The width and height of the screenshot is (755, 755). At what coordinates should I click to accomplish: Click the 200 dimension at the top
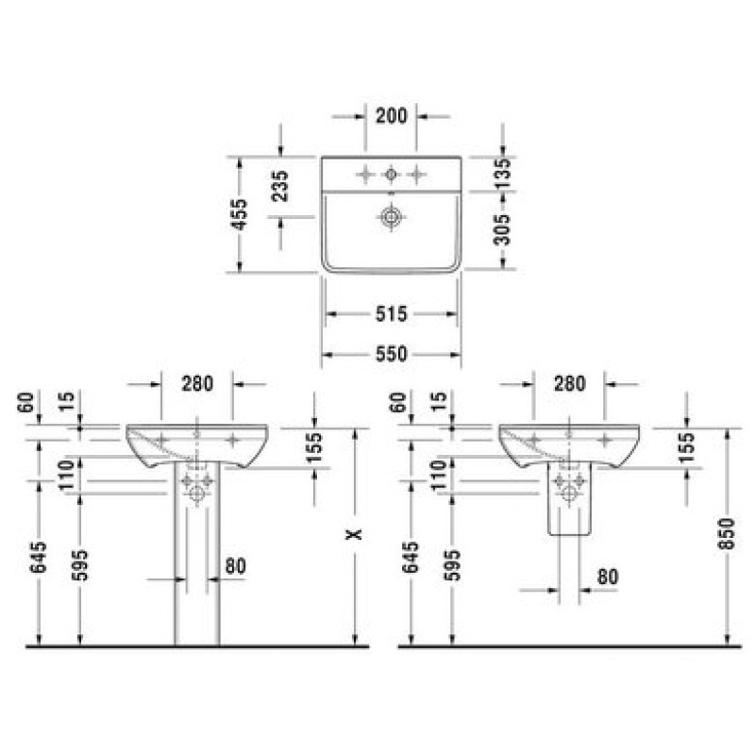click(x=391, y=116)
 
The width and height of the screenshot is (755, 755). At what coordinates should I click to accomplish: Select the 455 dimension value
click(x=240, y=214)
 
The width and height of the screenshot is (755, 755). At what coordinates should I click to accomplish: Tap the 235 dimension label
click(x=280, y=186)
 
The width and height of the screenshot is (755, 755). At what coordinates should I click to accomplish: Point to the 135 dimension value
click(x=502, y=174)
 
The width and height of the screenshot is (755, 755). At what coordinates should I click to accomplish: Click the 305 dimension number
click(x=502, y=229)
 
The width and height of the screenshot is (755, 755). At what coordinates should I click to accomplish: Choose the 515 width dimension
click(x=391, y=314)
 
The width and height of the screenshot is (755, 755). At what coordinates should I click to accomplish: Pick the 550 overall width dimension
click(x=391, y=355)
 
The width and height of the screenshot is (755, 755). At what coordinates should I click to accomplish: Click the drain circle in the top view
click(x=391, y=217)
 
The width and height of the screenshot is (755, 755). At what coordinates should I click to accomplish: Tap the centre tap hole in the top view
click(x=391, y=175)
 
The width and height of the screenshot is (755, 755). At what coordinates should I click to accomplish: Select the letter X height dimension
click(x=355, y=534)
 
